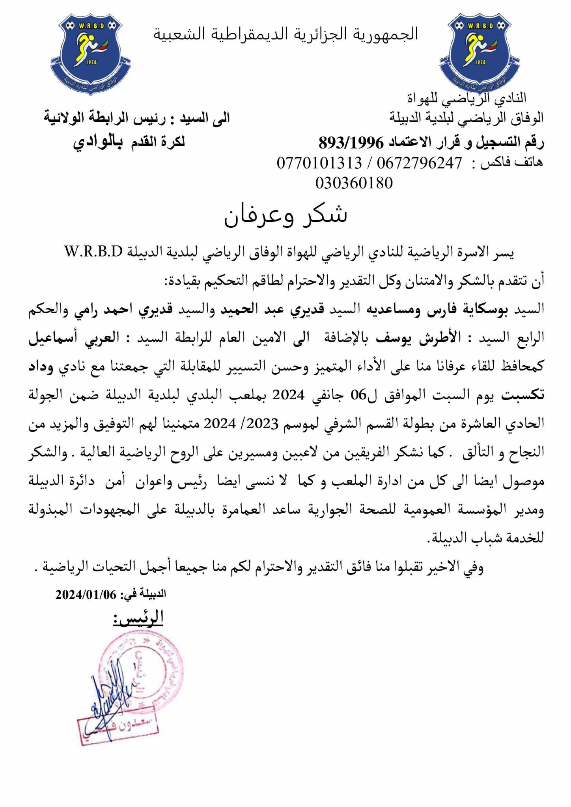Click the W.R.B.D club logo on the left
tap(91, 53)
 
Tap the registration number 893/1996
tap(351, 142)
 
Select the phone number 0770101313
tap(319, 162)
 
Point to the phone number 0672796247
tap(419, 162)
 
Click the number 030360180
tap(354, 183)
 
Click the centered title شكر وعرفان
tap(285, 215)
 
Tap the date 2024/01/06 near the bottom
tap(86, 594)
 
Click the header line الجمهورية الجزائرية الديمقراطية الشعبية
tap(285, 34)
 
